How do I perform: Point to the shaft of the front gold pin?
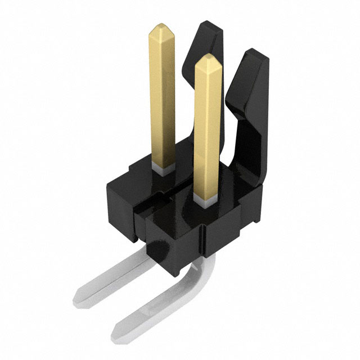pyautogui.click(x=207, y=129)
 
